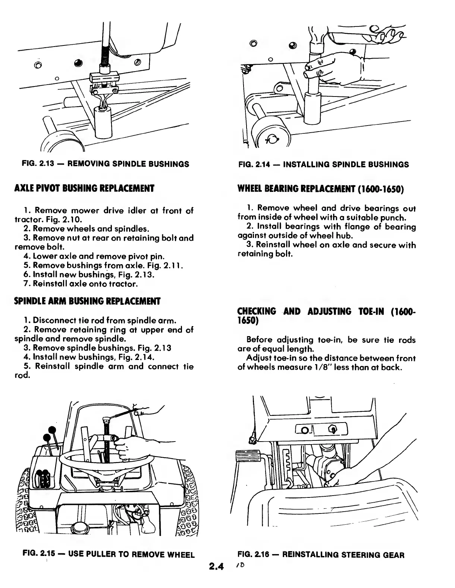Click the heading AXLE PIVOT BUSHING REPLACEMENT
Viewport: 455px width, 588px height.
pos(84,188)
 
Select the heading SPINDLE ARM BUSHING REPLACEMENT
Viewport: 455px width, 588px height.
pos(87,301)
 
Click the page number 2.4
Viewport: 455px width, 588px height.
pos(216,568)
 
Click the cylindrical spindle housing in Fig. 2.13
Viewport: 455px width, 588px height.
pos(104,123)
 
